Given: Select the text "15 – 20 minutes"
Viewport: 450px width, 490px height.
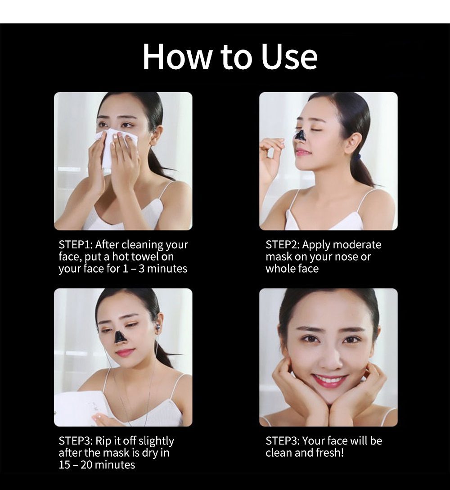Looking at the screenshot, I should click(x=97, y=464).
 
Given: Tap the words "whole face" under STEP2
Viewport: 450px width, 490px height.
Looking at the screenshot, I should click(x=292, y=269).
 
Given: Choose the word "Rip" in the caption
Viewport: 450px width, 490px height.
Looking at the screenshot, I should click(x=104, y=441).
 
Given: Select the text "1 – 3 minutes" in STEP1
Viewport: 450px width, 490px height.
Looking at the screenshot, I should click(x=154, y=269).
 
